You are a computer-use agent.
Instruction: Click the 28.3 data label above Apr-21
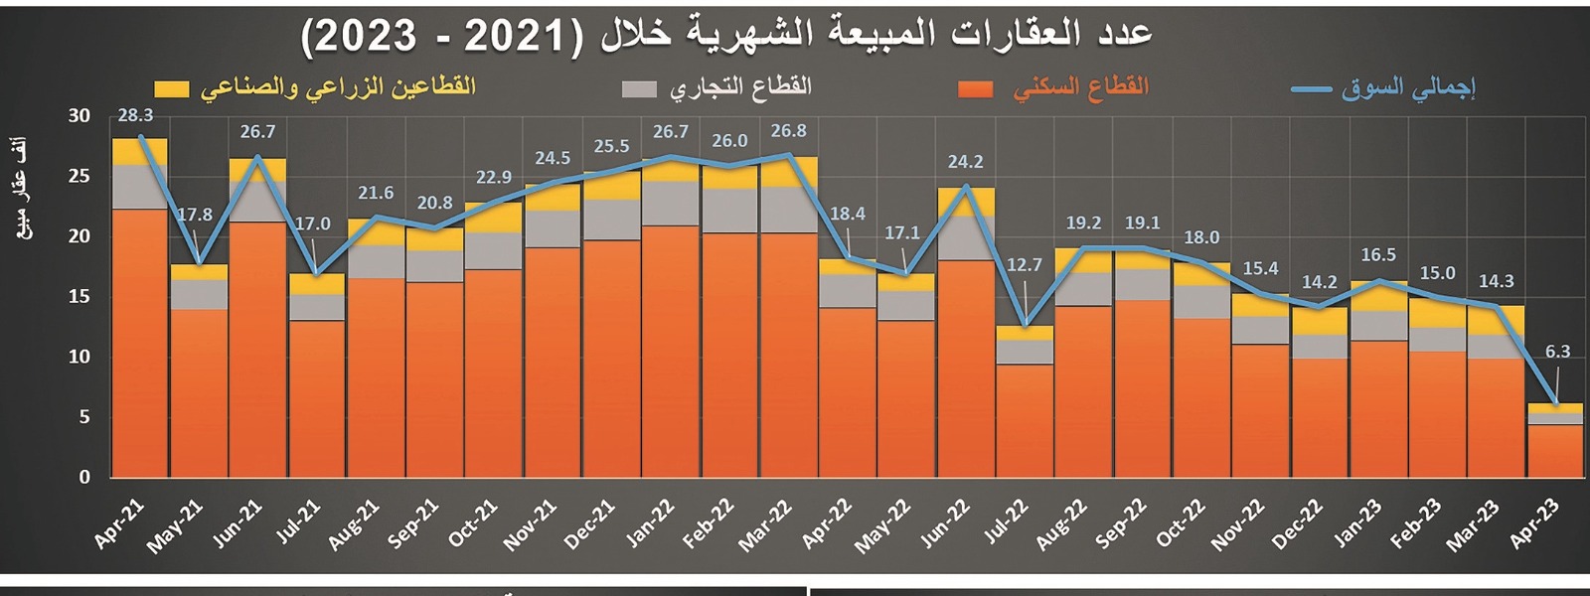point(135,116)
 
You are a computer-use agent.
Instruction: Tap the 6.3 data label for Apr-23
point(1557,352)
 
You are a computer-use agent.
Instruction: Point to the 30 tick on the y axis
point(79,116)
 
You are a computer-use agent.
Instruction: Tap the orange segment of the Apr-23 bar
point(1555,451)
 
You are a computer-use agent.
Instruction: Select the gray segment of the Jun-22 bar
point(966,238)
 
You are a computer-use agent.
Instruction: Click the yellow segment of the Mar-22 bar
point(789,172)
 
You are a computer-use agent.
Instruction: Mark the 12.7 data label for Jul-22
point(1025,265)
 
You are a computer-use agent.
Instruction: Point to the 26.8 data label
point(789,131)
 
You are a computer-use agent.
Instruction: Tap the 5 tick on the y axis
point(84,417)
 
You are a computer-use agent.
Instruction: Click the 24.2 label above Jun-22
point(966,162)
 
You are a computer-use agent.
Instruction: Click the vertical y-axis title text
point(22,189)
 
